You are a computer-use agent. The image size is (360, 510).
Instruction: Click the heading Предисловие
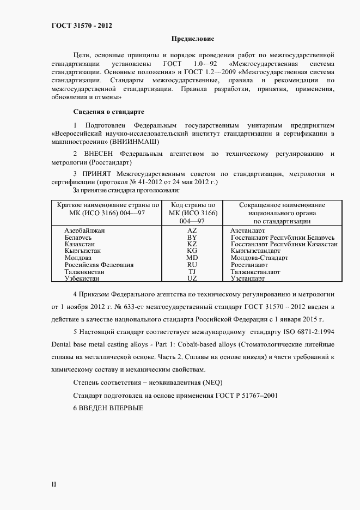[x=193, y=39]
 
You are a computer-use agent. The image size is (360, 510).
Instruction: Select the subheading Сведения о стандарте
[x=108, y=112]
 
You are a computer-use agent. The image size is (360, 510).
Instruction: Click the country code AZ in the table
[x=192, y=230]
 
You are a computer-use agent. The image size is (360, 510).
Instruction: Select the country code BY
[x=192, y=238]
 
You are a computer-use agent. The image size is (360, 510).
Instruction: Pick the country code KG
[x=192, y=251]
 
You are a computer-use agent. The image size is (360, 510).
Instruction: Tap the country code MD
[x=192, y=258]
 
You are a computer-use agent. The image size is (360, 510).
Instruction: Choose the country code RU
[x=192, y=265]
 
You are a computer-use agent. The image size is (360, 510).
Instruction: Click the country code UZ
[x=192, y=278]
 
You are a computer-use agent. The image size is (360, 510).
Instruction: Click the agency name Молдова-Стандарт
[x=259, y=258]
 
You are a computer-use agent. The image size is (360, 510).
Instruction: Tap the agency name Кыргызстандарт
[x=255, y=251]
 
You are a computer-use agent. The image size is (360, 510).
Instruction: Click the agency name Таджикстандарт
[x=255, y=271]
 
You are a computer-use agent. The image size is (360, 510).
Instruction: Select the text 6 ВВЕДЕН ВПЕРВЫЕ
[x=108, y=408]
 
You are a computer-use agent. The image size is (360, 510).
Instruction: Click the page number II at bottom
[x=53, y=484]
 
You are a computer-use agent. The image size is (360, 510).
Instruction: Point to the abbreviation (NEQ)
[x=210, y=382]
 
